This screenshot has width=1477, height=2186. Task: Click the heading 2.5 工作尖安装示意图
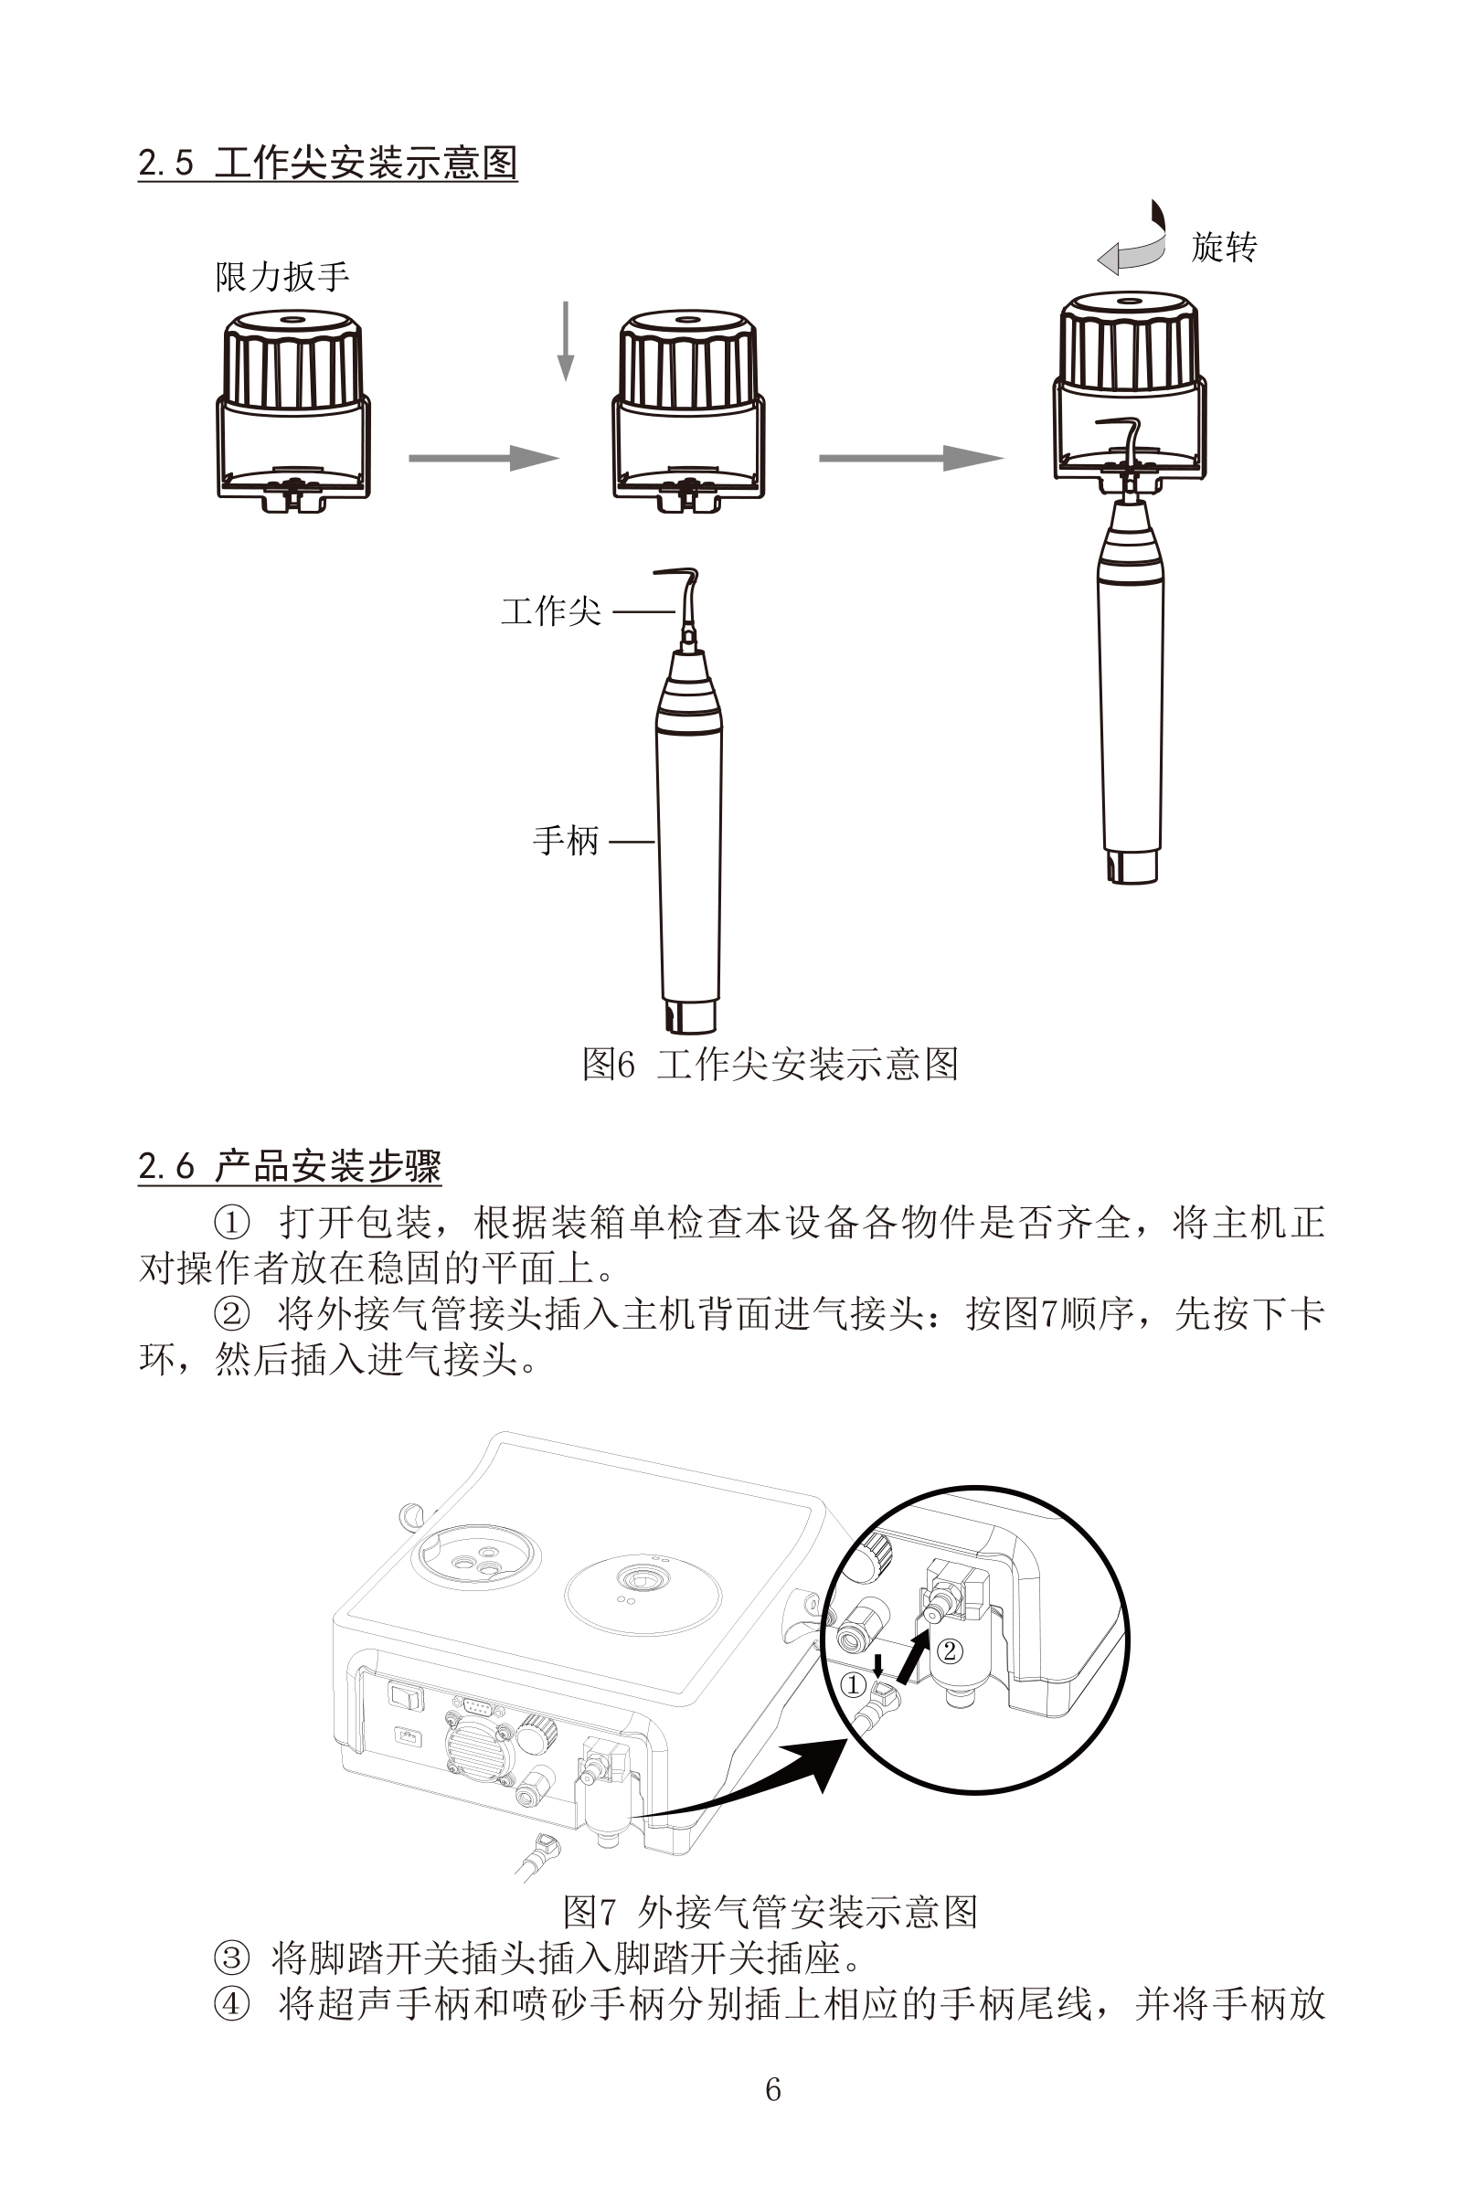pyautogui.click(x=327, y=163)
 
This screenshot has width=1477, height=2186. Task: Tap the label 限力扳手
pyautogui.click(x=282, y=277)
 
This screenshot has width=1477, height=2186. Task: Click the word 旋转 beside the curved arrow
pyautogui.click(x=1224, y=248)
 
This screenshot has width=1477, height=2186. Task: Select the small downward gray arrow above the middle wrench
pyautogui.click(x=566, y=342)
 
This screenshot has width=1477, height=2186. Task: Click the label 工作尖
pyautogui.click(x=550, y=611)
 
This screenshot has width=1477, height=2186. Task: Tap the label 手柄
pyautogui.click(x=566, y=840)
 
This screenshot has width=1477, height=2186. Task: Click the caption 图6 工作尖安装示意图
pyautogui.click(x=770, y=1064)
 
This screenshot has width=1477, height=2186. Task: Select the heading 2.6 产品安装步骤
pyautogui.click(x=290, y=1166)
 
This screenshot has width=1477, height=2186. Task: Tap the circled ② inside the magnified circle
pyautogui.click(x=950, y=1650)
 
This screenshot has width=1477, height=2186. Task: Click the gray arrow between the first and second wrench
pyautogui.click(x=483, y=458)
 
